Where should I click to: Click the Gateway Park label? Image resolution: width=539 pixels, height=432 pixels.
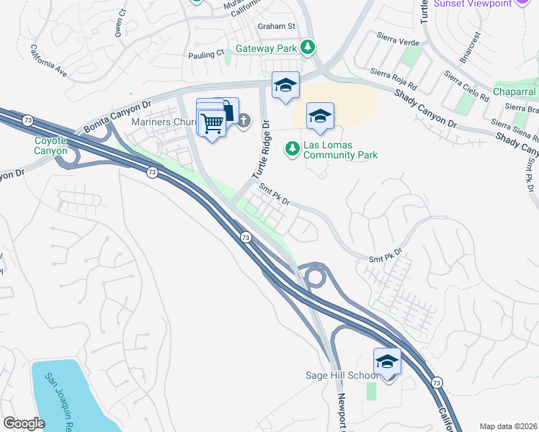coord(267,49)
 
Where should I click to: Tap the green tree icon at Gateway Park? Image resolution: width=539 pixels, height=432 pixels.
coord(308,48)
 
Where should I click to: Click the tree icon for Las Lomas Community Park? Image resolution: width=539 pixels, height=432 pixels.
coord(292,148)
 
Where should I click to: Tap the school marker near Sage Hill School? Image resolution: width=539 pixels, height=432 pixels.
coord(387,362)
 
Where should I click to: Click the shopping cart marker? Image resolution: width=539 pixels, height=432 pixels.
coord(212,124)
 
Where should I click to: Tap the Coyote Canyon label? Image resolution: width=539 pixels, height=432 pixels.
coord(50,145)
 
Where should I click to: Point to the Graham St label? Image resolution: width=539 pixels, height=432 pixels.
coord(277,26)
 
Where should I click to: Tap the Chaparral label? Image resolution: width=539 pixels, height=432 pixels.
coord(515,91)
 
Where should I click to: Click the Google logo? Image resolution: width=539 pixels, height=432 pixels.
coord(24,423)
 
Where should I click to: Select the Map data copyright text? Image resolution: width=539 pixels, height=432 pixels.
coord(509,426)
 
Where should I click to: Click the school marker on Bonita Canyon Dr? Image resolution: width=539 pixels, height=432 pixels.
coord(285,85)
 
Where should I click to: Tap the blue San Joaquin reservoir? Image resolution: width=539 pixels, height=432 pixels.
coord(65,392)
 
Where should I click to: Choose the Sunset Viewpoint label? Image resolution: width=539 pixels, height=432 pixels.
coord(473,3)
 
